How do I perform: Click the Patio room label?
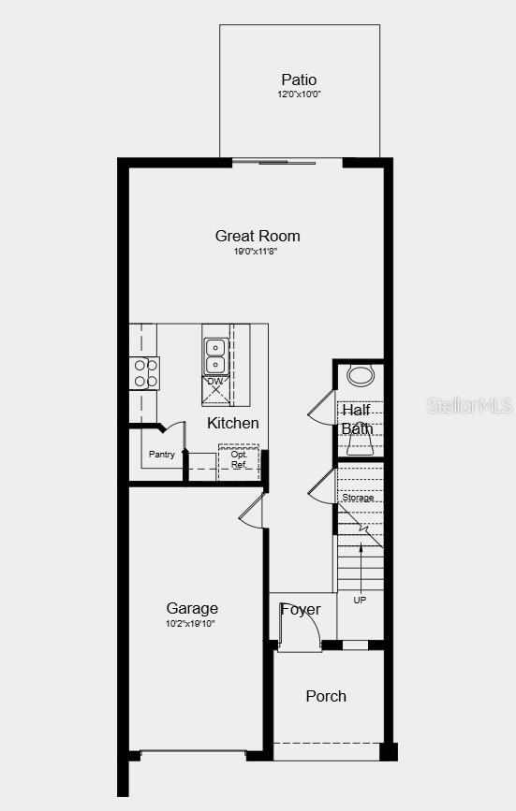(299, 80)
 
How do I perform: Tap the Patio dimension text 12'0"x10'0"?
(299, 94)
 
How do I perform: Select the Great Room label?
(258, 236)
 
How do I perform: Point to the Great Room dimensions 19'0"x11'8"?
(258, 251)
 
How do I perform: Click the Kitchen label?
(233, 423)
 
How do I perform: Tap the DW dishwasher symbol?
(215, 383)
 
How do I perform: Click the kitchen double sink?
(214, 356)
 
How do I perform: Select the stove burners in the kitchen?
(144, 372)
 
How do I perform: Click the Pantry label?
(162, 455)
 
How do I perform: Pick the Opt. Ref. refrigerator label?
(239, 459)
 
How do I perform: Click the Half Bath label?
(357, 419)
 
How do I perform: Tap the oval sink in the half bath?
(360, 376)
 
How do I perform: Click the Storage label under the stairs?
(358, 498)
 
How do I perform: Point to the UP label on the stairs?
(360, 600)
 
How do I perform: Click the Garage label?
(192, 608)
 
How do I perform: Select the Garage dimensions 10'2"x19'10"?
(192, 623)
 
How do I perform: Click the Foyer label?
(301, 610)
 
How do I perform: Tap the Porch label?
(326, 696)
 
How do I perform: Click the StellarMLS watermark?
(470, 405)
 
